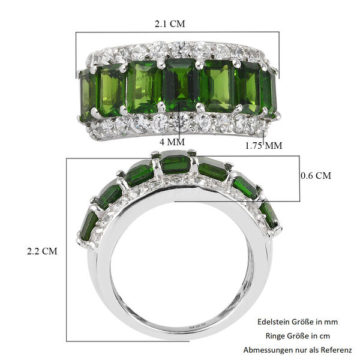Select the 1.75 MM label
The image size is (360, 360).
265,145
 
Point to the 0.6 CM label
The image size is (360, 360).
316,176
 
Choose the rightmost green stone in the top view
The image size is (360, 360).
268,93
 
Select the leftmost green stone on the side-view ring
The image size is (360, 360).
89,225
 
